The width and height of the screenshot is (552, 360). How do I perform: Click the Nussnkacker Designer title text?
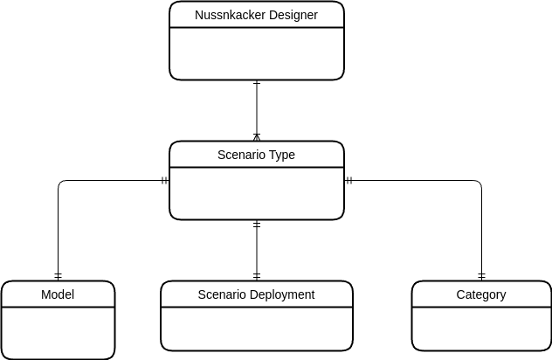[x=256, y=15]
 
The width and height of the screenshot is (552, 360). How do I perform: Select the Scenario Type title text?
[x=256, y=155]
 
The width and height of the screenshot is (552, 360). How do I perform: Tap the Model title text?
[x=58, y=294]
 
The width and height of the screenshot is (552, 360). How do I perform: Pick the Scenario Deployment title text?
[x=256, y=294]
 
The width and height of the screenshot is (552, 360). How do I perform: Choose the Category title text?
[x=481, y=294]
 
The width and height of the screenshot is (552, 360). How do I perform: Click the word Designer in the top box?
[x=286, y=15]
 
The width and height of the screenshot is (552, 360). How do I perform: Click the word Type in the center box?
[x=281, y=155]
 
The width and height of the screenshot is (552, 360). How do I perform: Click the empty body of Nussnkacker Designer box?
[x=256, y=53]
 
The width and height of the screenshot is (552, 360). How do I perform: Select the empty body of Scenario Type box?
[x=256, y=193]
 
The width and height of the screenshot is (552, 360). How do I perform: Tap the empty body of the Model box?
[x=58, y=333]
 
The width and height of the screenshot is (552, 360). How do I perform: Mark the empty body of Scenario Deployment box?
[x=256, y=329]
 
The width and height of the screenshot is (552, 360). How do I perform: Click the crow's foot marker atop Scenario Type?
[x=257, y=136]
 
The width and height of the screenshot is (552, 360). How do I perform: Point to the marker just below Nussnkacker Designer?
[x=257, y=85]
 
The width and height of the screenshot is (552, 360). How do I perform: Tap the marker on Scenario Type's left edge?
[x=164, y=181]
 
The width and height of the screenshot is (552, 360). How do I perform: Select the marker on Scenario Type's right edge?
[x=348, y=181]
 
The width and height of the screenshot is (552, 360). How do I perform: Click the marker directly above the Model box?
[x=58, y=275]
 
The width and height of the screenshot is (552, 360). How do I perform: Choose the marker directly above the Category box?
[x=481, y=275]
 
